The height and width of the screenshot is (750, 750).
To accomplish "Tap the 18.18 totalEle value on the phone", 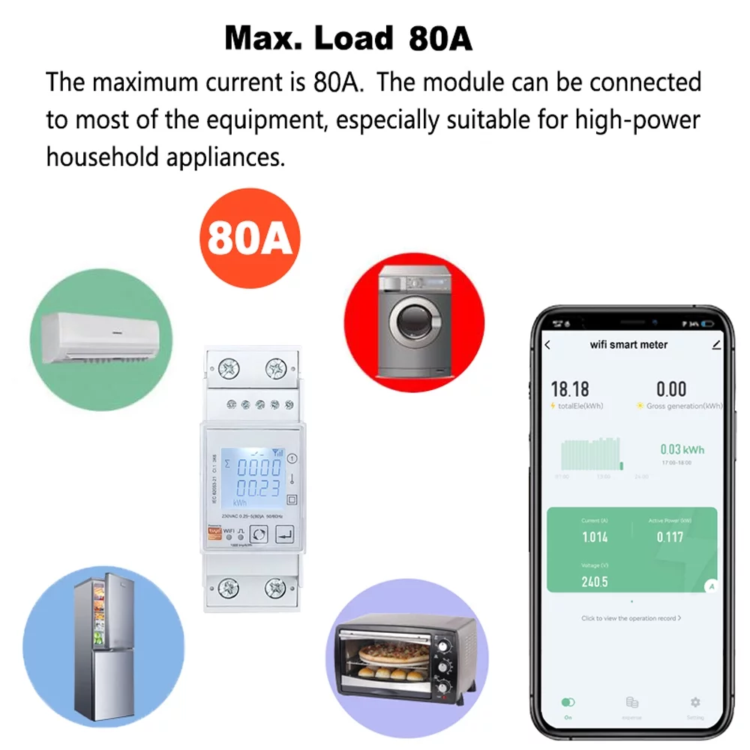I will (570, 389).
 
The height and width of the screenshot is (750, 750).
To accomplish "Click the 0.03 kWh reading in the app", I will (682, 449).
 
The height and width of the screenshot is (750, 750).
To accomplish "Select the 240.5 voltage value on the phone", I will (594, 581).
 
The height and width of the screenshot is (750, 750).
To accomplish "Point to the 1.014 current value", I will (595, 537).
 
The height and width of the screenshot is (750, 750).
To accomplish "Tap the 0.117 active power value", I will (670, 537).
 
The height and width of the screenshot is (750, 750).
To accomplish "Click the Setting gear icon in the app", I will (695, 703).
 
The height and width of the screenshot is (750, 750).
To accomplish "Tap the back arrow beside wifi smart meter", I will (547, 345).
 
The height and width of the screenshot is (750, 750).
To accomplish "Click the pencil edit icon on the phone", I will (716, 344).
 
